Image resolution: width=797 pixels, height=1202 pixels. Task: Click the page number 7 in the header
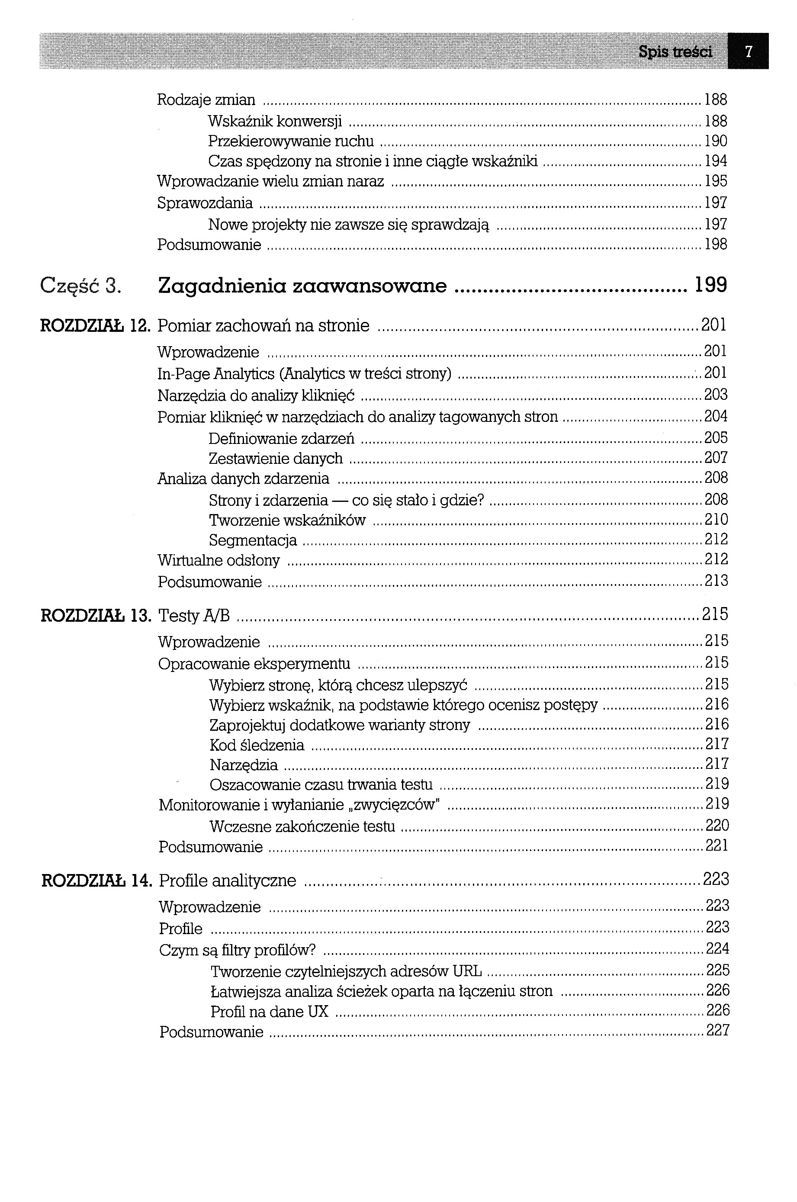748,51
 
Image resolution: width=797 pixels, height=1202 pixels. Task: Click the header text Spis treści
675,51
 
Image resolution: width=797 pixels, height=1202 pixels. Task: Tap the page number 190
716,141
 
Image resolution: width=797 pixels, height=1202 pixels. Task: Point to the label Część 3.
81,286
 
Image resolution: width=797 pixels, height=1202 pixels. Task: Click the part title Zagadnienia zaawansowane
302,286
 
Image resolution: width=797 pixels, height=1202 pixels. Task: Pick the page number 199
710,285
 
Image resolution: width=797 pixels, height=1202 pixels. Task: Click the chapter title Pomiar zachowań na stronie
264,325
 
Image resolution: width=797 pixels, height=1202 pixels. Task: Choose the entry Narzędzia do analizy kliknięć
256,395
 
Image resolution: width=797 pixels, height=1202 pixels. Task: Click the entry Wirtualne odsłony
219,560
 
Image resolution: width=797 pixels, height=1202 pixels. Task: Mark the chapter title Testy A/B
194,615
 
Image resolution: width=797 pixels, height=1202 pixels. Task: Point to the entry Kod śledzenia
257,745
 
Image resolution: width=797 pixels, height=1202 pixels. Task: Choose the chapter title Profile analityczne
227,880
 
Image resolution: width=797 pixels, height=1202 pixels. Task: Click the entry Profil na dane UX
270,1012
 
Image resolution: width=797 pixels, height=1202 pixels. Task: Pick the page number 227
717,1030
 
